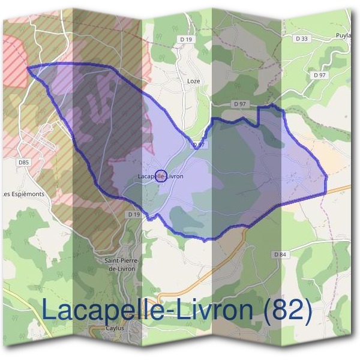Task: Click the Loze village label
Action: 193,81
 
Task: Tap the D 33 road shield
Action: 301,39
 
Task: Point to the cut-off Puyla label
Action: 344,35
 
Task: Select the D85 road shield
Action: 23,162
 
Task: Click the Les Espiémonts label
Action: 24,194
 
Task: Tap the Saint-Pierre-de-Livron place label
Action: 122,264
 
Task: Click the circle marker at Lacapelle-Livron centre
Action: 160,176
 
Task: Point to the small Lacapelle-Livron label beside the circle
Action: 160,176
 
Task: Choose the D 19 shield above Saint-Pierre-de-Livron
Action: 133,214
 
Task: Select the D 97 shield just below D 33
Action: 319,76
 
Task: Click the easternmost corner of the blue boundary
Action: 326,178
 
